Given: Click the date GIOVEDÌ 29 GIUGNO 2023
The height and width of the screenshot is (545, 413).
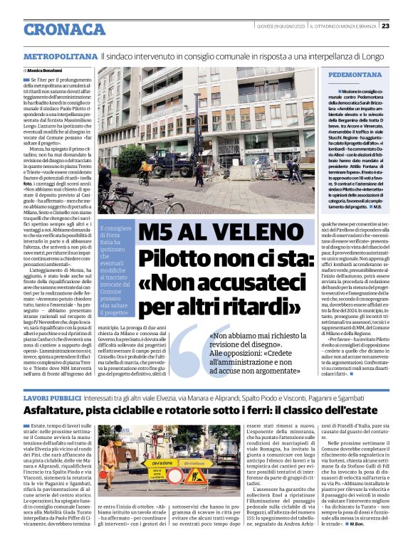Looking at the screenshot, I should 281,26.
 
